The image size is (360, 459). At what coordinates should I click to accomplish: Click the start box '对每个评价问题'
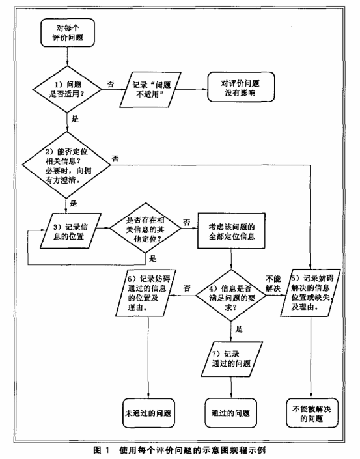tap(68, 33)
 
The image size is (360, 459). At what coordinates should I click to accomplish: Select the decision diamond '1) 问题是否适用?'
tap(67, 89)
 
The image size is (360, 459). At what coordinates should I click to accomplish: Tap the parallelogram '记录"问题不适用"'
tap(150, 90)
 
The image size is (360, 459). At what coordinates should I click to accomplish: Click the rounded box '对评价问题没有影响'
tap(241, 87)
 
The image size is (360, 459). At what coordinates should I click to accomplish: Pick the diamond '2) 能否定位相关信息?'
tap(67, 165)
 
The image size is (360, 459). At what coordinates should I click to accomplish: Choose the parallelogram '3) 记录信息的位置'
tap(70, 231)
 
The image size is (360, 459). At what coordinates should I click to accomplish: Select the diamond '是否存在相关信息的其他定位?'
tap(145, 228)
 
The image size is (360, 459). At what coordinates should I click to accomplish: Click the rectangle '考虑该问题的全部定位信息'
tap(231, 231)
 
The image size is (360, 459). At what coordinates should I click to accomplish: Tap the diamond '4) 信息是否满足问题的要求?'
tap(231, 295)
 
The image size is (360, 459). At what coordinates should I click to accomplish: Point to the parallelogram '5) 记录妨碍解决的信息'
tap(311, 293)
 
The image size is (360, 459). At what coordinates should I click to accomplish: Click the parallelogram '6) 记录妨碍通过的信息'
tap(146, 293)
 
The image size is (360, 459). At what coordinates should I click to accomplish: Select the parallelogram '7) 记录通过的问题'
tap(232, 359)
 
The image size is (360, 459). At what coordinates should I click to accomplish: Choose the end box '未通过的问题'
tap(148, 413)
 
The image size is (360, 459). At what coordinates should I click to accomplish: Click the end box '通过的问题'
tap(231, 413)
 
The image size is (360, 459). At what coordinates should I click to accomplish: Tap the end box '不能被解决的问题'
tap(312, 413)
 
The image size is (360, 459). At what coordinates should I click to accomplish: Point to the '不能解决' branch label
tap(273, 283)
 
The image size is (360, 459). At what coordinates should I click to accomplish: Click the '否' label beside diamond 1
tap(110, 84)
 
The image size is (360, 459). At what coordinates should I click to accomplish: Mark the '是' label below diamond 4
tap(239, 329)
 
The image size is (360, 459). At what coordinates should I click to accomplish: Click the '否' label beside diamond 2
tap(115, 158)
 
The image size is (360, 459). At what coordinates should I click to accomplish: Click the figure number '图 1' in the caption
tap(102, 450)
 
